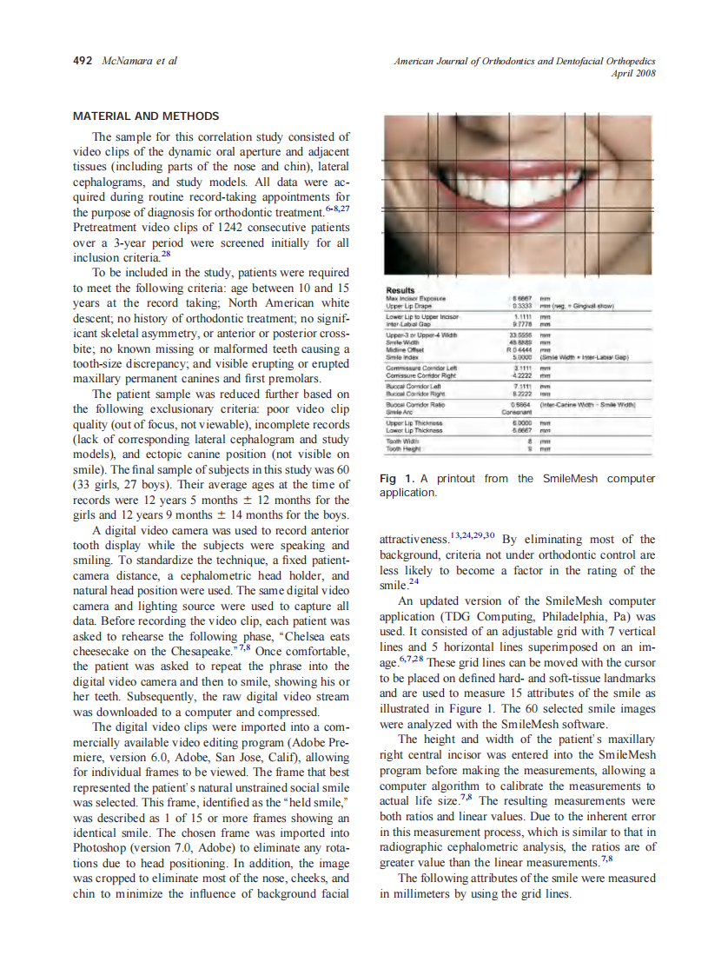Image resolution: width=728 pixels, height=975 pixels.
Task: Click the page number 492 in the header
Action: (84, 61)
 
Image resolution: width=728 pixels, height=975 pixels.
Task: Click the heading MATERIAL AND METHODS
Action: (146, 116)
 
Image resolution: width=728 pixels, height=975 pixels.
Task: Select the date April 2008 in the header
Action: (633, 73)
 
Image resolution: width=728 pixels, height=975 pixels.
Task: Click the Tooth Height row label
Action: (404, 448)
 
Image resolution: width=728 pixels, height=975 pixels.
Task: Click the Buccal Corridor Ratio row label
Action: (413, 405)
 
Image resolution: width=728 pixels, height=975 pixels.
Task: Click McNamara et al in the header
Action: (140, 61)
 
